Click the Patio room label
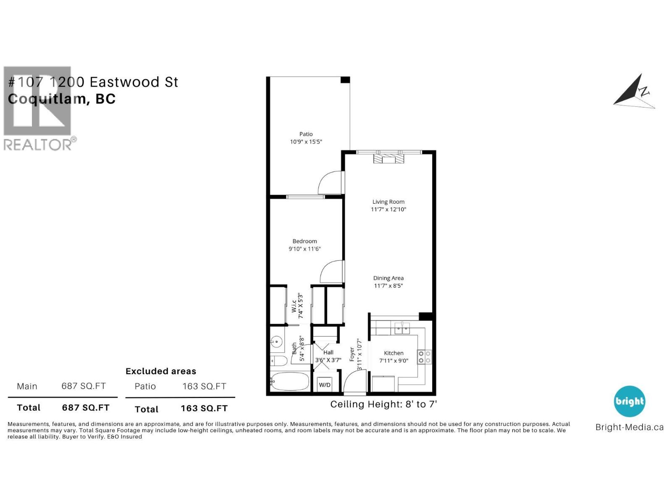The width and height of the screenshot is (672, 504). point(306,134)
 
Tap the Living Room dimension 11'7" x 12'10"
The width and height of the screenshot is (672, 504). point(388,209)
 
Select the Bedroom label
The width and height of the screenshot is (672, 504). point(304,241)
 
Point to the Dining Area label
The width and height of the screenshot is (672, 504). point(388,278)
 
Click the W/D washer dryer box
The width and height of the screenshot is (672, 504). point(325,384)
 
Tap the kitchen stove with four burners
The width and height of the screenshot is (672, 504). point(424,357)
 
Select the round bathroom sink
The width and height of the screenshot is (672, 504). point(276,341)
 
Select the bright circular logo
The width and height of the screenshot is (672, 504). point(629,401)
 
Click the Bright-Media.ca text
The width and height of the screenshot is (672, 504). point(629,427)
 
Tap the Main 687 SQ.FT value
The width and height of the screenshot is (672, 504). point(84,386)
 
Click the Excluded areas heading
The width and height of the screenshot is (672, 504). point(161,371)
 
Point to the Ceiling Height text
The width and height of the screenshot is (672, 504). point(383,404)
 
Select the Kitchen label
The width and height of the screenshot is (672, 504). point(394,353)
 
